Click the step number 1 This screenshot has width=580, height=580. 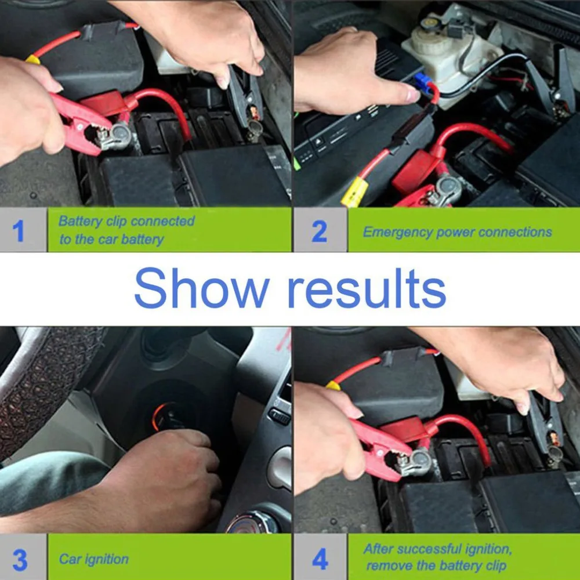19,231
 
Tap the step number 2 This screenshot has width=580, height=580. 320,231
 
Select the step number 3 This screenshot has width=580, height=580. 20,560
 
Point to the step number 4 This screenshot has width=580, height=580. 320,560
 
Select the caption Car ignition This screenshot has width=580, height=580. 93,560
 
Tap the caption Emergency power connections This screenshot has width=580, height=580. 457,232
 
